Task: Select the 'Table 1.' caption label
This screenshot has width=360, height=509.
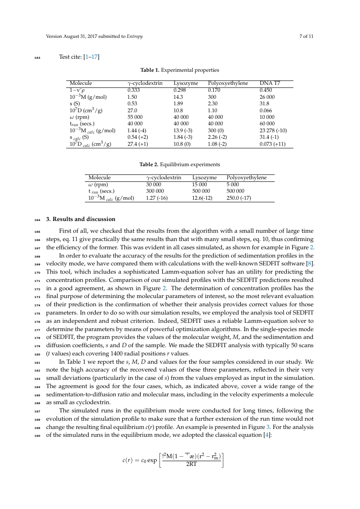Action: pos(149,70)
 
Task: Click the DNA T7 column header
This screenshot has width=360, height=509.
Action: pos(269,83)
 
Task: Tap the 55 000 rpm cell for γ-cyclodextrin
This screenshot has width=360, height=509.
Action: pos(135,117)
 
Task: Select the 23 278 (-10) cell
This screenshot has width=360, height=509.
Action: pos(273,131)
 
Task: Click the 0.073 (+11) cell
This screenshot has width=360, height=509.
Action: pos(273,144)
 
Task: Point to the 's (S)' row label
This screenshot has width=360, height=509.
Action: pos(75,104)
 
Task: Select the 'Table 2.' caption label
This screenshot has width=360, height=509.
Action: pos(148,164)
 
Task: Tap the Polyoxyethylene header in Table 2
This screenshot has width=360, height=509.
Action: pos(246,177)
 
